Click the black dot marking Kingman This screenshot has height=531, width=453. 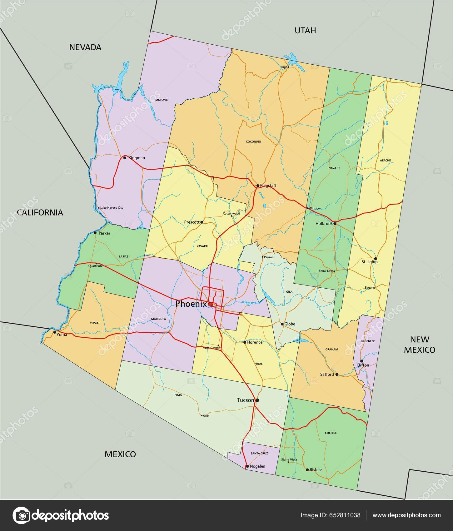(x=125, y=158)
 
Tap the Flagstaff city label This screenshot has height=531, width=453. (x=268, y=186)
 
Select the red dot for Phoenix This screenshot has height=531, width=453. (x=210, y=304)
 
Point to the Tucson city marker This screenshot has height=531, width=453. (x=257, y=400)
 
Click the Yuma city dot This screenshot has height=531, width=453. (x=55, y=332)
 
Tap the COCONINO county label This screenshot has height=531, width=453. (x=253, y=141)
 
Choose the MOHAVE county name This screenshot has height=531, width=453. (x=162, y=100)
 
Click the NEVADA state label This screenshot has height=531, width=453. (x=85, y=47)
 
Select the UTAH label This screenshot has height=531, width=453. (x=305, y=30)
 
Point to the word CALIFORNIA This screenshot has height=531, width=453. (x=40, y=213)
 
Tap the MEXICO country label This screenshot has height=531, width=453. (x=120, y=454)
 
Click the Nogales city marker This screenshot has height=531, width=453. (x=247, y=467)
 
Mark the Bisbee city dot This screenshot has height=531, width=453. (x=307, y=470)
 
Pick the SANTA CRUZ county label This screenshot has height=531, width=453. (x=260, y=453)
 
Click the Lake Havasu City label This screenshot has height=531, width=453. (x=112, y=208)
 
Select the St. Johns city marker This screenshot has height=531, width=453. (x=376, y=259)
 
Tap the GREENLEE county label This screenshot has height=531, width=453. (x=368, y=341)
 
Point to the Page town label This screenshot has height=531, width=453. (x=284, y=67)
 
